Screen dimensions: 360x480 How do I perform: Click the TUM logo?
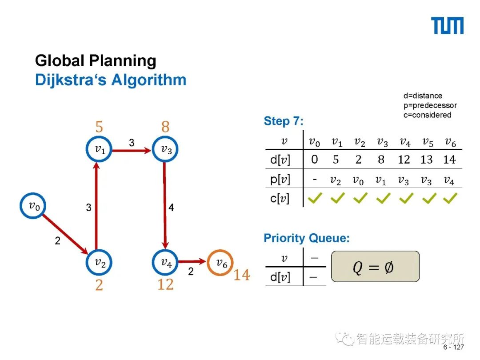pyautogui.click(x=448, y=26)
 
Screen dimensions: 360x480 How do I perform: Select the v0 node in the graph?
pyautogui.click(x=33, y=206)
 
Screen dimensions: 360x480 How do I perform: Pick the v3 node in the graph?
pyautogui.click(x=165, y=149)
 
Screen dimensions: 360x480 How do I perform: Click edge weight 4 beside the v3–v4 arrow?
pyautogui.click(x=171, y=208)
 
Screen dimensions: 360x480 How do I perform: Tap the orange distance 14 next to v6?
pyautogui.click(x=242, y=276)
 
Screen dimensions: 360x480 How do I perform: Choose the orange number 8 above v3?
pyautogui.click(x=165, y=127)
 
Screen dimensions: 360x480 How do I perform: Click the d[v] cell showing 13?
pyautogui.click(x=427, y=160)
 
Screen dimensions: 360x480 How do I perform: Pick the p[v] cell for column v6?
pyautogui.click(x=449, y=180)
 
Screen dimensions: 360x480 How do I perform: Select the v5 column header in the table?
pyautogui.click(x=427, y=142)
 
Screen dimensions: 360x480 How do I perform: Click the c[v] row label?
pyautogui.click(x=280, y=198)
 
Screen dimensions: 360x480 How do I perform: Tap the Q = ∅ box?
pyautogui.click(x=375, y=267)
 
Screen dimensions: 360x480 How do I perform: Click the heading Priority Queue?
pyautogui.click(x=307, y=238)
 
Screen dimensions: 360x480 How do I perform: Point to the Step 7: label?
pyautogui.click(x=284, y=121)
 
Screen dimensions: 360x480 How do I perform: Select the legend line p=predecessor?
pyautogui.click(x=430, y=105)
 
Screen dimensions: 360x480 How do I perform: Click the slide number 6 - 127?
pyautogui.click(x=454, y=347)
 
